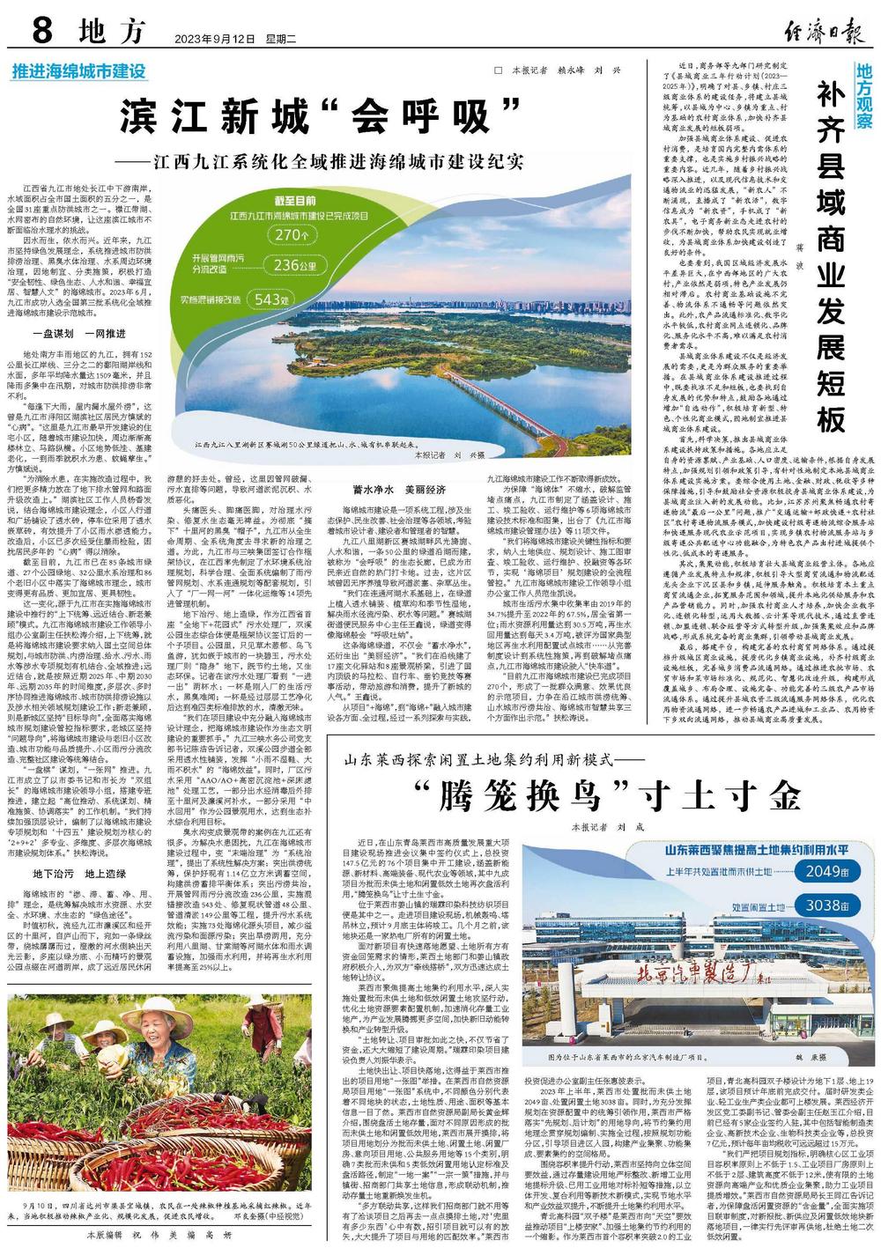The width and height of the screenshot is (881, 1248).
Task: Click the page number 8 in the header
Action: (x=42, y=33)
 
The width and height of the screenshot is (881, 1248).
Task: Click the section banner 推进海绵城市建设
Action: (x=78, y=70)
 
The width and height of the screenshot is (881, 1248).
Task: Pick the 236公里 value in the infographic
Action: (x=292, y=265)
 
